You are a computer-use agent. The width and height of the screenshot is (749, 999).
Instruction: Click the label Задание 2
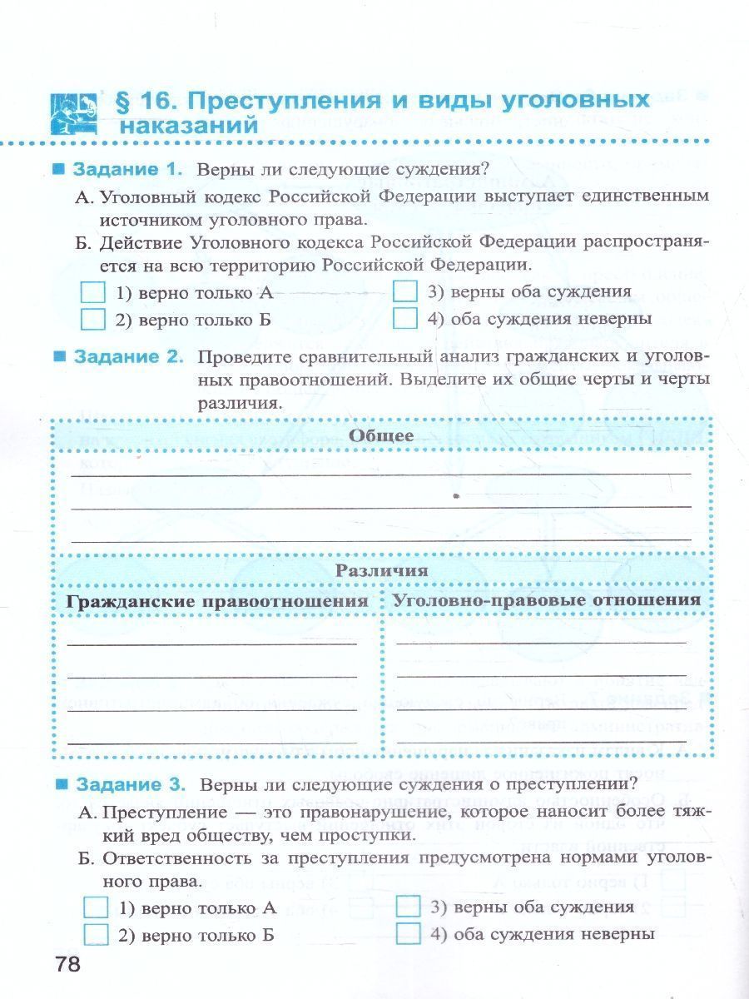128,356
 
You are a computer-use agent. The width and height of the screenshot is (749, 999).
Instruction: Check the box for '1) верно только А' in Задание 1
94,293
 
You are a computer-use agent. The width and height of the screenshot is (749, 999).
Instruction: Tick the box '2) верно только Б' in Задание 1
94,320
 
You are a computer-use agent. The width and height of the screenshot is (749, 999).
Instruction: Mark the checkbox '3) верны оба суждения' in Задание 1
404,292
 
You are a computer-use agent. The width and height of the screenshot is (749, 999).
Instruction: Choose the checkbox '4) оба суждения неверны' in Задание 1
404,319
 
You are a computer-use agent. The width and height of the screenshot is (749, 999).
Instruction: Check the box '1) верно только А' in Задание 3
97,907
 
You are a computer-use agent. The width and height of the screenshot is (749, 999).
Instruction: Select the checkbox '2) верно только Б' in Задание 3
97,935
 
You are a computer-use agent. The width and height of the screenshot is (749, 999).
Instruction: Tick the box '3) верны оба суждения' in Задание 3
409,907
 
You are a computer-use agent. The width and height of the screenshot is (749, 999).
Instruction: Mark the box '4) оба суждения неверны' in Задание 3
409,934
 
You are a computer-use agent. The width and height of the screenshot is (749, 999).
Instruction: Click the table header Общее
381,435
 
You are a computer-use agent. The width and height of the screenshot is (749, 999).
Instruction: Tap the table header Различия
381,570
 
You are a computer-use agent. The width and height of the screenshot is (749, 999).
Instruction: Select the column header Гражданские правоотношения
218,600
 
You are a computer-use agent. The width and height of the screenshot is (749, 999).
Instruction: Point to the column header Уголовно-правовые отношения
547,599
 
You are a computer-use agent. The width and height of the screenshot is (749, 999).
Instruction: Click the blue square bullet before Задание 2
59,356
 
